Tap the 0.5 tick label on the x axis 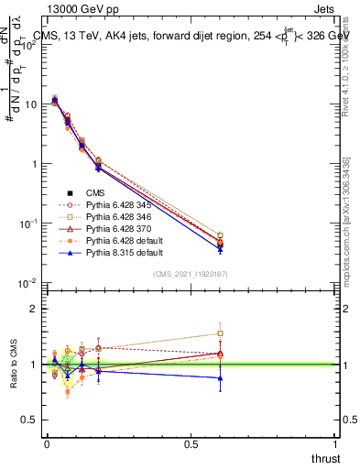pyautogui.click(x=191, y=444)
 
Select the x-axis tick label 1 pyautogui.click(x=335, y=444)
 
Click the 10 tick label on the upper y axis pyautogui.click(x=29, y=104)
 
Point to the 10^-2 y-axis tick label pyautogui.click(x=27, y=283)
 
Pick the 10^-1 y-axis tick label pyautogui.click(x=27, y=224)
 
